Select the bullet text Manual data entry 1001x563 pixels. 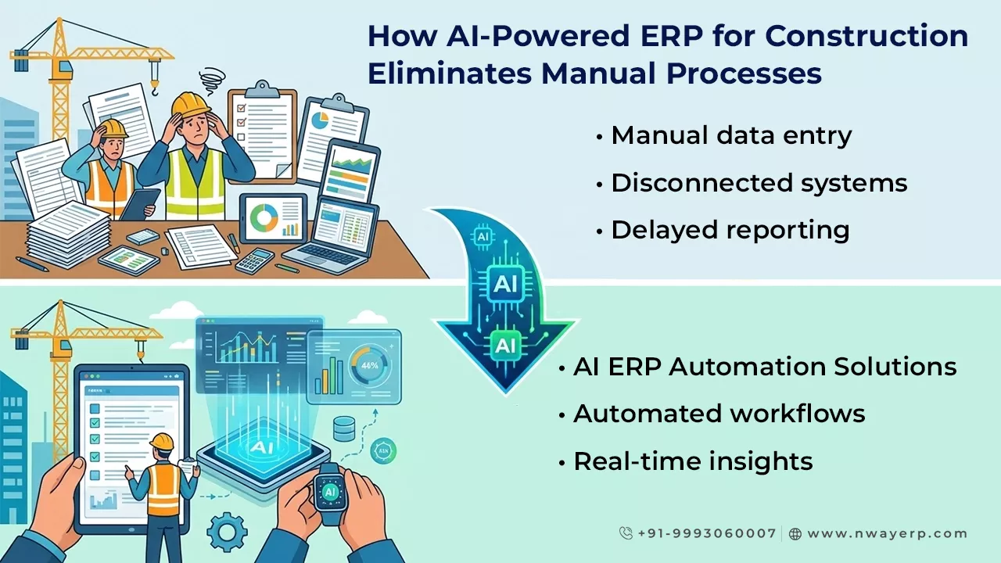(x=731, y=135)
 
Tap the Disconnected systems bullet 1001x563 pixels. (x=759, y=183)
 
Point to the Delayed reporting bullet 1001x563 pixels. (x=730, y=230)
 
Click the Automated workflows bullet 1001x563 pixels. (x=719, y=414)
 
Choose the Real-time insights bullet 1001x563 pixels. (x=693, y=461)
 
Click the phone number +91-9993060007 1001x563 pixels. (x=706, y=533)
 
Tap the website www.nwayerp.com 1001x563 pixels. (x=887, y=533)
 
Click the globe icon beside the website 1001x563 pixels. (x=795, y=534)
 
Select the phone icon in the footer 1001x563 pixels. (x=626, y=533)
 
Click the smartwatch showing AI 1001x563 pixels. (x=329, y=492)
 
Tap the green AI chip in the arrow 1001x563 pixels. (x=505, y=344)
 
